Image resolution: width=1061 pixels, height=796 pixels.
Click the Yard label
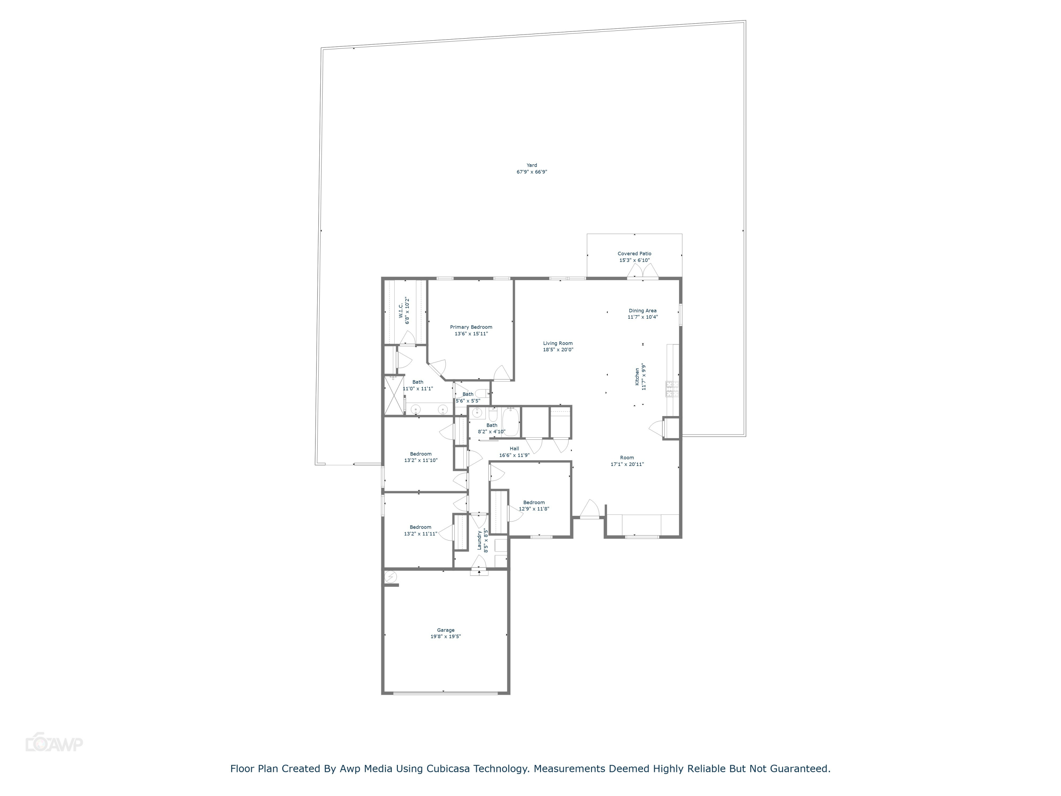[532, 165]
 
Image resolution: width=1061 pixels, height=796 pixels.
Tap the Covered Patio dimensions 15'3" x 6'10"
[634, 260]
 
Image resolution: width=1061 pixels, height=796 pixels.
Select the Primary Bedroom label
[471, 327]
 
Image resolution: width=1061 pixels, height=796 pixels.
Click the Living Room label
[558, 344]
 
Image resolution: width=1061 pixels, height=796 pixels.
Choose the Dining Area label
[642, 310]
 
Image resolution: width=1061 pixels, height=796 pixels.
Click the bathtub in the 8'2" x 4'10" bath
[511, 421]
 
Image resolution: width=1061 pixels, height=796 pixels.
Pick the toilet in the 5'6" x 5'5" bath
[482, 393]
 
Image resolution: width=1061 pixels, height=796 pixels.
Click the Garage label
[446, 630]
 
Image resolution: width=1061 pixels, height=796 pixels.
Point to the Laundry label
[479, 540]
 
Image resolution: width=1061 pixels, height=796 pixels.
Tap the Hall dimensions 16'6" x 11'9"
[514, 455]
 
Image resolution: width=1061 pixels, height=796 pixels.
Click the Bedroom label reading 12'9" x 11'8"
[534, 502]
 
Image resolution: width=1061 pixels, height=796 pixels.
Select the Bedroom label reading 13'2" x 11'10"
[421, 454]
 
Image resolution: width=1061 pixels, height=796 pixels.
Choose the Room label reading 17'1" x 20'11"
[627, 458]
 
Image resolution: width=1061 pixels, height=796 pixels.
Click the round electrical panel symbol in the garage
[391, 576]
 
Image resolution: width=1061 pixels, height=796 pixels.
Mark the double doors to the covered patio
[643, 272]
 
